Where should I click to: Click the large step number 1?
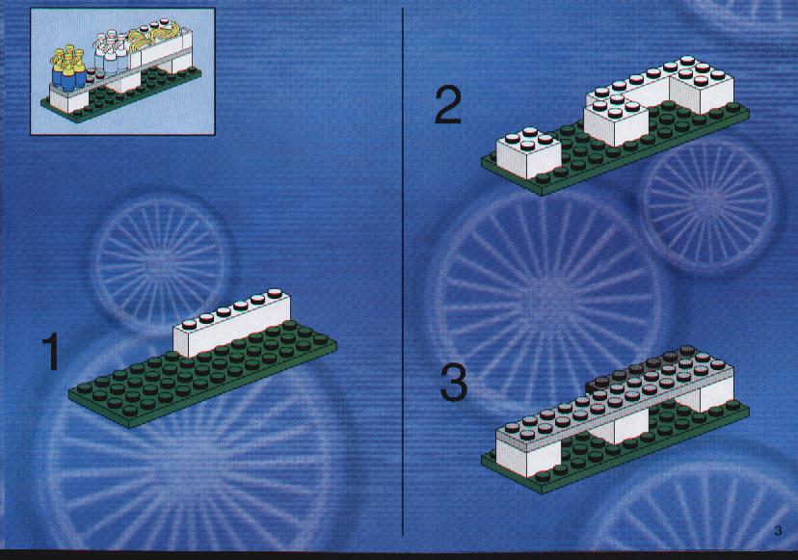click(x=51, y=352)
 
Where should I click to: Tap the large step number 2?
click(x=448, y=106)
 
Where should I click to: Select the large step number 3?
click(x=454, y=383)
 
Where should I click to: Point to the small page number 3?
click(x=778, y=531)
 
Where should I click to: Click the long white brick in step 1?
click(x=232, y=324)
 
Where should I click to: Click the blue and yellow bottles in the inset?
click(x=68, y=70)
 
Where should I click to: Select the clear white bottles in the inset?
click(x=111, y=52)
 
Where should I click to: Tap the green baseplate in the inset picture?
click(x=121, y=95)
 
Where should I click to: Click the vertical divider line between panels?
click(x=403, y=272)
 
